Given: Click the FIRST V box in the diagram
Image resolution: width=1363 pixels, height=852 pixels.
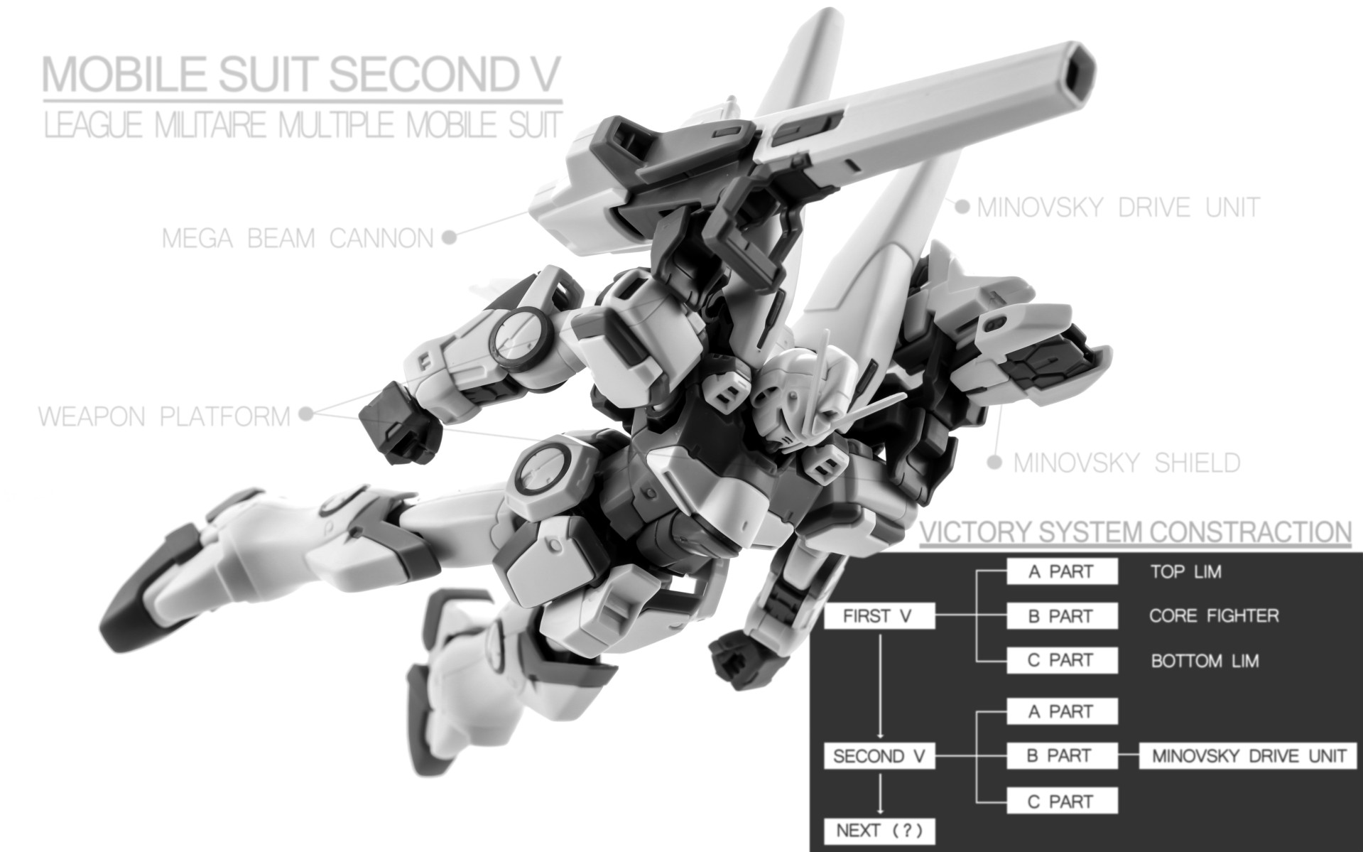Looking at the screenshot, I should click(877, 616).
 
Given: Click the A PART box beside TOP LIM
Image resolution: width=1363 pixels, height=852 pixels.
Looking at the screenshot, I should click(1061, 572).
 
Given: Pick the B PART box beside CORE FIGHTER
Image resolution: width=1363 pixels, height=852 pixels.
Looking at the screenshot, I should click(1061, 616).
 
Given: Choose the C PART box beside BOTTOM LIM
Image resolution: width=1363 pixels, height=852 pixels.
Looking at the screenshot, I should click(1061, 660).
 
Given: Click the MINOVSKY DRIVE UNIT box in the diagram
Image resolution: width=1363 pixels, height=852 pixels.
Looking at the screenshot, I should click(1249, 756).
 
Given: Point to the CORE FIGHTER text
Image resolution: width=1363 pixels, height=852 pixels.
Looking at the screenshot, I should click(1214, 615).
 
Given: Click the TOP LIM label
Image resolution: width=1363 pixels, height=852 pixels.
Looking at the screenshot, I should click(1186, 572).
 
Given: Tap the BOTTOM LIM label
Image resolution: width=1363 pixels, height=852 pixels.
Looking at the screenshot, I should click(1205, 661).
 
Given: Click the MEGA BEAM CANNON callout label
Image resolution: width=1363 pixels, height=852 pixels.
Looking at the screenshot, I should click(298, 239).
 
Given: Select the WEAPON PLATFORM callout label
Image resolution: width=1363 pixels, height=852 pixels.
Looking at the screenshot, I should click(164, 416).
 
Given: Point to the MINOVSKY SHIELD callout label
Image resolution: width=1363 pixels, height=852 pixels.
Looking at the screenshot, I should click(1126, 463).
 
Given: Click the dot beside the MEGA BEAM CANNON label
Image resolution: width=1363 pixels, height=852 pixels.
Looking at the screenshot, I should click(448, 238).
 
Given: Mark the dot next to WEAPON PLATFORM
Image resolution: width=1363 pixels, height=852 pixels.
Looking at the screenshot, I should click(306, 414).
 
